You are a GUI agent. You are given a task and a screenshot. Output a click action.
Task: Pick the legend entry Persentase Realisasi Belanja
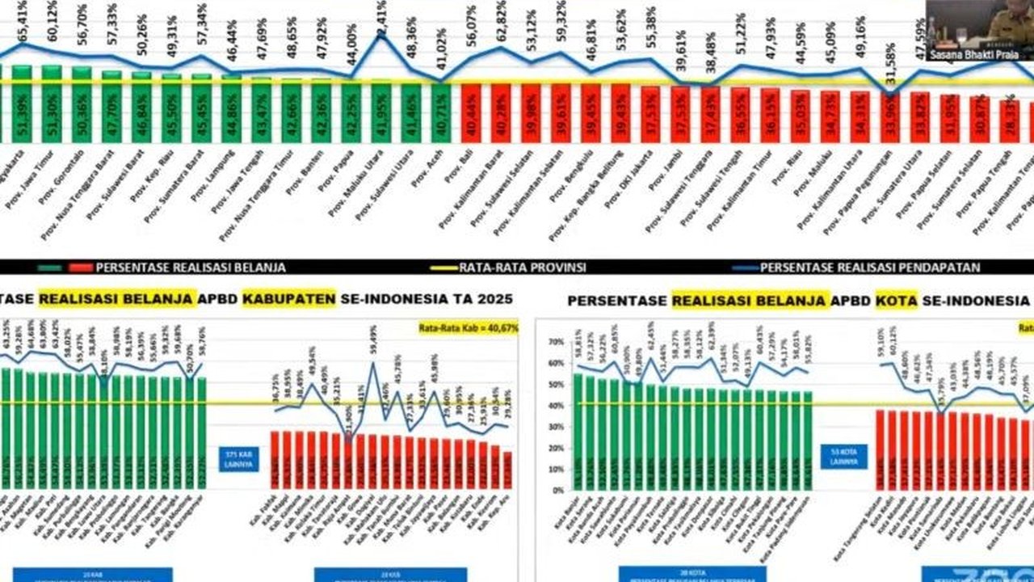coord(189,267)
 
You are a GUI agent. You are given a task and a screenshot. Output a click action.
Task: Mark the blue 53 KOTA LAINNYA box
coord(845,457)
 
